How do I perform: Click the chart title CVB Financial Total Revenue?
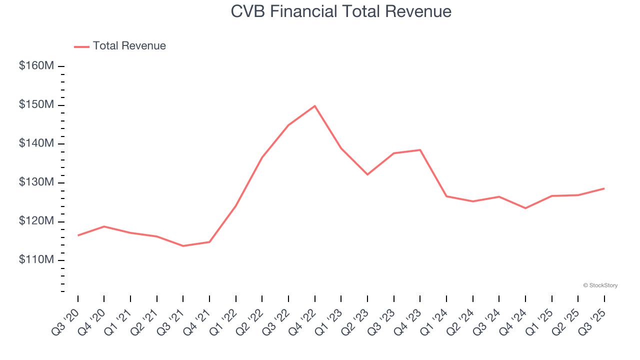pos(341,11)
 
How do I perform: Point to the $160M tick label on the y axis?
pos(36,66)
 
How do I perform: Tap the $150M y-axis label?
pos(36,105)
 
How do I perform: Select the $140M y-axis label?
pos(36,144)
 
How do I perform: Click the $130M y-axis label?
pos(36,183)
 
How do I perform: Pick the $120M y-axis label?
pos(36,221)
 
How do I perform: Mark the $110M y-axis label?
pos(36,260)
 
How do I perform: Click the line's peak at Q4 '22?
pos(315,106)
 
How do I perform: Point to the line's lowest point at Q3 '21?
pos(183,246)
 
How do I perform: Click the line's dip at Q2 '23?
pos(367,174)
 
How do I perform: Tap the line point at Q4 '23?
pos(420,150)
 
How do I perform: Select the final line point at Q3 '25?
pos(604,188)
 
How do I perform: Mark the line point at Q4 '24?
pos(525,208)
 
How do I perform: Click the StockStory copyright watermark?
pos(600,285)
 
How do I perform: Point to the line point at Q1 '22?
pos(235,205)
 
